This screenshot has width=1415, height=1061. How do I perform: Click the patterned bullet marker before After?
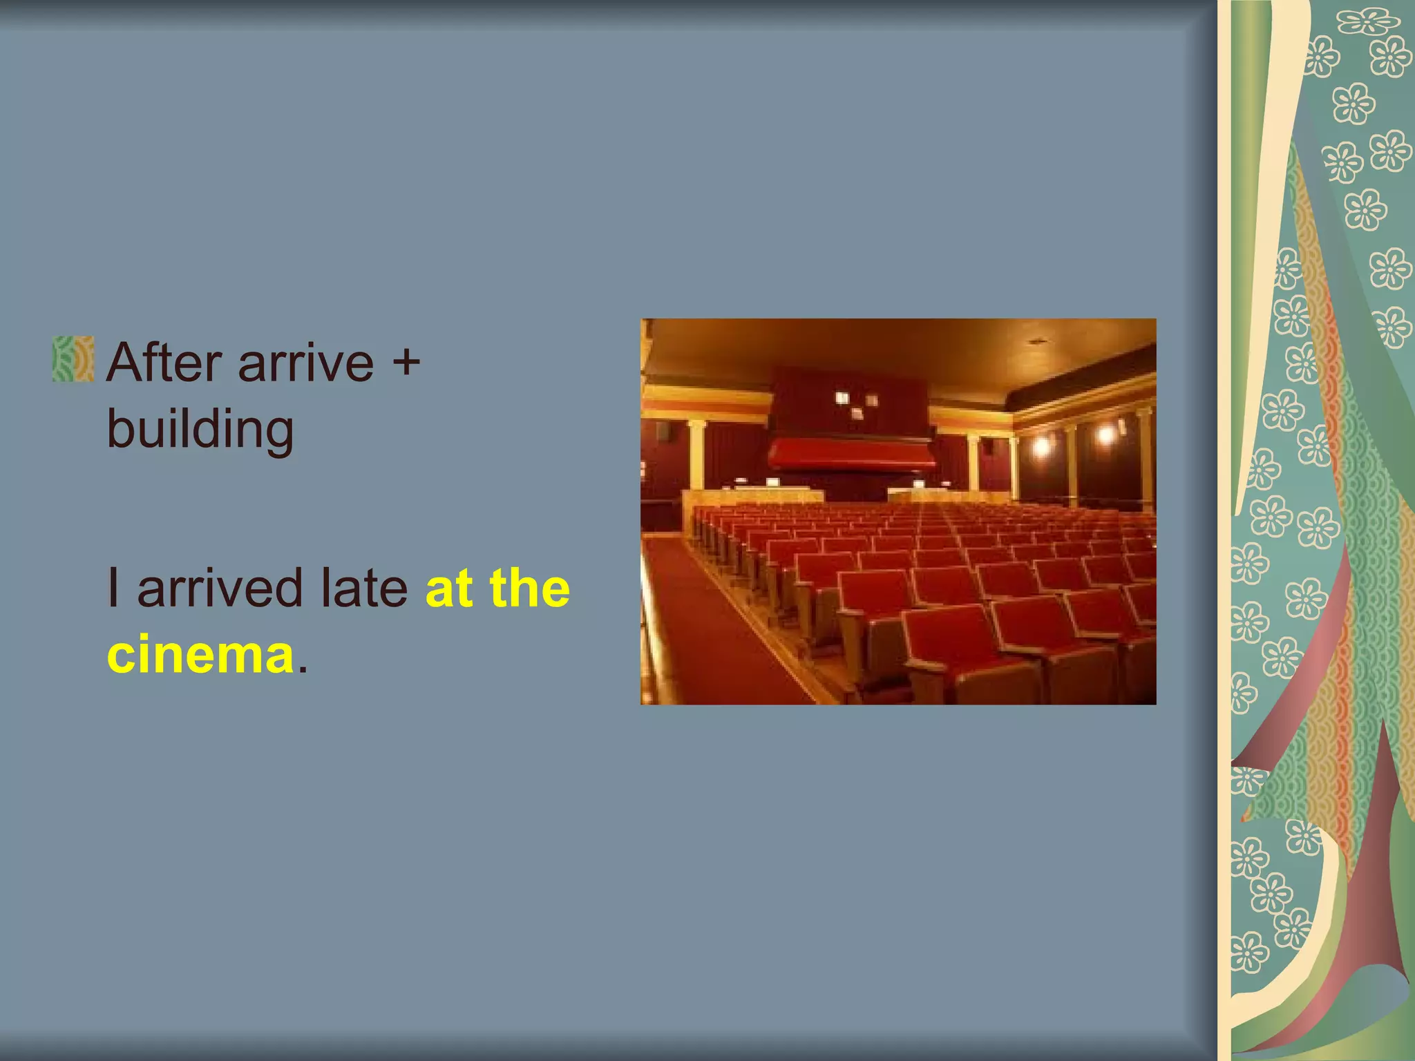(x=73, y=359)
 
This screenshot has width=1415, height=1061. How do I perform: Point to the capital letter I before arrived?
(x=113, y=588)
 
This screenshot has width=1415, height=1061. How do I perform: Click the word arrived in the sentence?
(x=220, y=588)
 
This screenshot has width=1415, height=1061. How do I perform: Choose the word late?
(x=363, y=588)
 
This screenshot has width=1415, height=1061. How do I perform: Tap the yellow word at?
(x=449, y=588)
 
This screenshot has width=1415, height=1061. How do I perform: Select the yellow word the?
(x=530, y=588)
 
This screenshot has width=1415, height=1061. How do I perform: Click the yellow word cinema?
(x=200, y=653)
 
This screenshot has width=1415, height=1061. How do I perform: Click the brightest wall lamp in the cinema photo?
(x=1105, y=434)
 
